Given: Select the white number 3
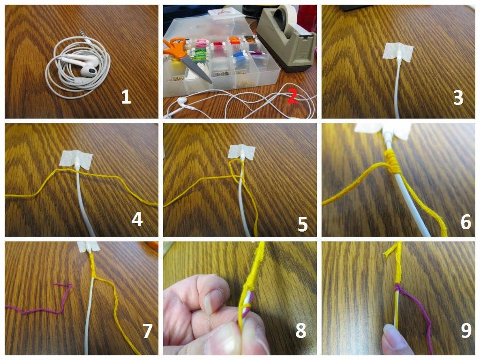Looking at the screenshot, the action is coord(458,98).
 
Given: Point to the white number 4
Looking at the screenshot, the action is coord(137,219).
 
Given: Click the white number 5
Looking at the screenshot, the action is coord(302,224).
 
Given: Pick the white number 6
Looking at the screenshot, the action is coord(466,222).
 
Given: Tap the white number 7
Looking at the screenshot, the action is coord(147,331).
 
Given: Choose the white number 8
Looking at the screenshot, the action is coord(300,330).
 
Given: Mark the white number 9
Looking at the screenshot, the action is coord(466,330).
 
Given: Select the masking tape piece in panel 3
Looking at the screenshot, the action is coord(398,52).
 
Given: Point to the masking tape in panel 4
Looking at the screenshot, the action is coord(76,159).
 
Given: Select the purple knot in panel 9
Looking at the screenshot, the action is coord(397,288).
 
